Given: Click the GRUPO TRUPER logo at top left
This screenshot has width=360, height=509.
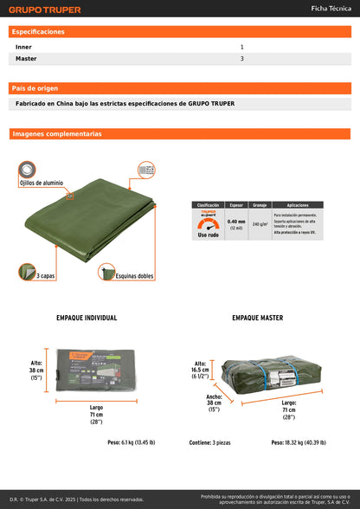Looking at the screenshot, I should coord(45,10).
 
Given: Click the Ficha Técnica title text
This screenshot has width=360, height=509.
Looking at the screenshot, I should coord(331,9).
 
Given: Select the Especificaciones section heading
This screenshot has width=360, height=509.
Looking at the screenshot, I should coord(39,31).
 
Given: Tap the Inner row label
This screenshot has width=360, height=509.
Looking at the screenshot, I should coord(24,47).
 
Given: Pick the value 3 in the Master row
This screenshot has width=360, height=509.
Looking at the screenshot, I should coord(241,59).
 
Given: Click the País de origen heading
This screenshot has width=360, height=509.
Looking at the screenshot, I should coord(35,88).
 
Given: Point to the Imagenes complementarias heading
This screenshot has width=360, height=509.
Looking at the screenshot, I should coord(57,134).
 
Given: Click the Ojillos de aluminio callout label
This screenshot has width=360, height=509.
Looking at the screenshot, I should coord(42,184).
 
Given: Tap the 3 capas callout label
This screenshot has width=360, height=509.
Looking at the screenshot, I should coord(47,275).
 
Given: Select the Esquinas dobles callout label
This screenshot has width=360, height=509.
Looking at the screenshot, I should coord(134,276).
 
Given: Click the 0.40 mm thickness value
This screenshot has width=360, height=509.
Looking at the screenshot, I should coord(235,222).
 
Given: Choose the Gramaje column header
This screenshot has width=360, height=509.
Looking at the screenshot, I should coord(259,205).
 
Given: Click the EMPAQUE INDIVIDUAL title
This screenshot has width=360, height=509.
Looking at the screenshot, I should coord(86,318).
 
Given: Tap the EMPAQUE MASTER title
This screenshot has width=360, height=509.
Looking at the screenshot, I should coord(257,318).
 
